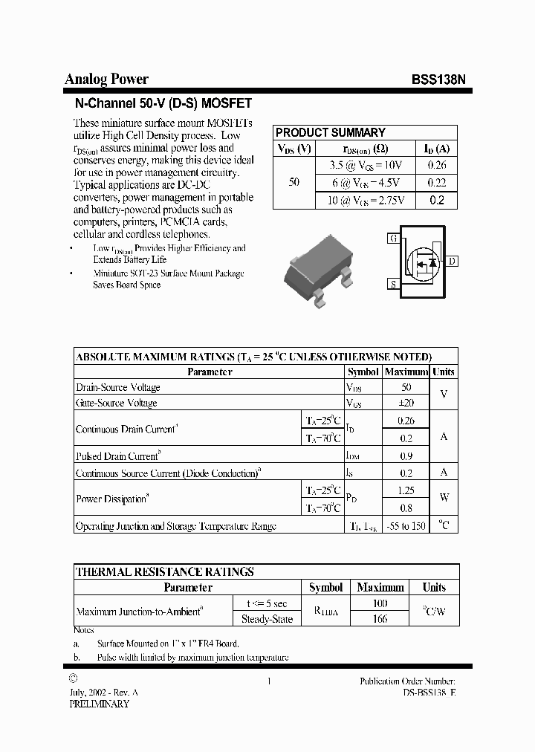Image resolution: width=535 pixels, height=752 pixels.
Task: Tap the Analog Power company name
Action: (106, 79)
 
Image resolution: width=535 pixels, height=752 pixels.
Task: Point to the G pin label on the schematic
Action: (392, 239)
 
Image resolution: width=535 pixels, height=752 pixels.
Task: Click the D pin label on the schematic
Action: (453, 261)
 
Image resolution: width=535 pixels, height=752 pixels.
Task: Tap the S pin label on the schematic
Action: (392, 284)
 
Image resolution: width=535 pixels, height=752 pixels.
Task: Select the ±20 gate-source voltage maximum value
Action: (406, 403)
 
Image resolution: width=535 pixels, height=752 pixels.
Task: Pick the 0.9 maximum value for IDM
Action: (406, 456)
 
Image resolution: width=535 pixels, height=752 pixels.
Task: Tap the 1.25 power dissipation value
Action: (406, 490)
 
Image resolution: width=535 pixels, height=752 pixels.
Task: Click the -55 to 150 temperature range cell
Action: (406, 526)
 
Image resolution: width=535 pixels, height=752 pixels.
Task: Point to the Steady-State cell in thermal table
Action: (267, 619)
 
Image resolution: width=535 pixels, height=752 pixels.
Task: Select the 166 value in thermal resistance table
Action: (380, 619)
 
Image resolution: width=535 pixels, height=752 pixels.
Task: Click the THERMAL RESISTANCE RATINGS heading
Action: (165, 571)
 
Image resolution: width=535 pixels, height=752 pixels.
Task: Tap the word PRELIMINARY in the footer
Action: (99, 703)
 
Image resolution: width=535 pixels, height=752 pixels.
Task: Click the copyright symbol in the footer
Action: (72, 678)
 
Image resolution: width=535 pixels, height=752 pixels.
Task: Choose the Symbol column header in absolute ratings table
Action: (363, 372)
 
